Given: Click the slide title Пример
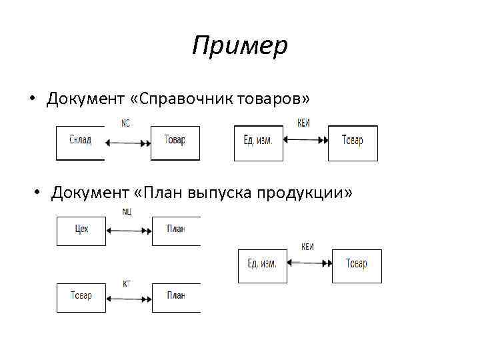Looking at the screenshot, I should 239,46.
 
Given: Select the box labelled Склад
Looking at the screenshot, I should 80,142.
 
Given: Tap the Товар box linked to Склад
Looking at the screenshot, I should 175,142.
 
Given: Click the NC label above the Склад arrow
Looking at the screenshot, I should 126,123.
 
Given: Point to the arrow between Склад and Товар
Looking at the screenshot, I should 127,142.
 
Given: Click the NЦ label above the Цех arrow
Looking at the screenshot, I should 127,212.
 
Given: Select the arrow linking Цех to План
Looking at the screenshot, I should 129,231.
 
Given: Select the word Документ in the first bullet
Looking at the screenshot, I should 85,99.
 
